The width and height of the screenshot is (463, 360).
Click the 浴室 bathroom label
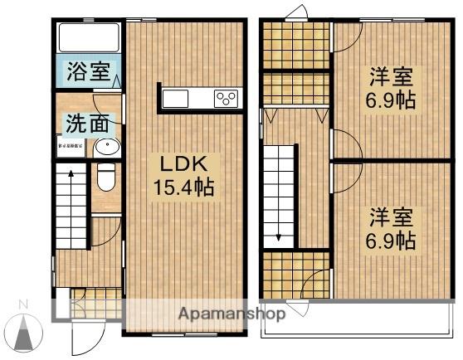88,71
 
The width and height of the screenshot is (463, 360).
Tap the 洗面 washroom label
87,124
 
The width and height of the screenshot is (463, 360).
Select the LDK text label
183,163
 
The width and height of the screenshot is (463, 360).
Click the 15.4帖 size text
183,187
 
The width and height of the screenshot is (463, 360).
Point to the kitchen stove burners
226,98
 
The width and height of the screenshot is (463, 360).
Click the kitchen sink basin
176,98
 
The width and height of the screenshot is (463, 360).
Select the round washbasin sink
105,148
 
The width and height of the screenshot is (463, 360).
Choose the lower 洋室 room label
392,218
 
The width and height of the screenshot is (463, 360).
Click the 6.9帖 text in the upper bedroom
392,103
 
